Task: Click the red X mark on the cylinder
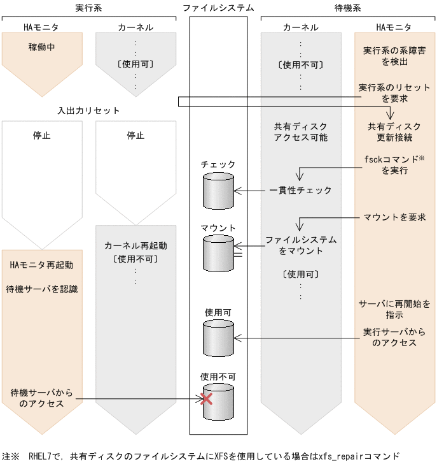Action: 206,399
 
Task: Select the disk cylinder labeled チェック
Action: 218,191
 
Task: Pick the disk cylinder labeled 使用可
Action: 218,338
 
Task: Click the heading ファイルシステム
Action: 218,8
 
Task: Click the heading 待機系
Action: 348,8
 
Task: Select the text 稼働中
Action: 42,47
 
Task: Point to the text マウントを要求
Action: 394,217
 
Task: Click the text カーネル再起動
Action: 135,245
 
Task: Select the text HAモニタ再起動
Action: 42,265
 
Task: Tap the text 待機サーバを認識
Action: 42,289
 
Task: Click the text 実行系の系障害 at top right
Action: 394,50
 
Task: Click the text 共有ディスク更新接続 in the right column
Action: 394,132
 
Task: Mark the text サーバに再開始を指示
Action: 394,309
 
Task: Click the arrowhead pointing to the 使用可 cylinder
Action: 237,338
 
